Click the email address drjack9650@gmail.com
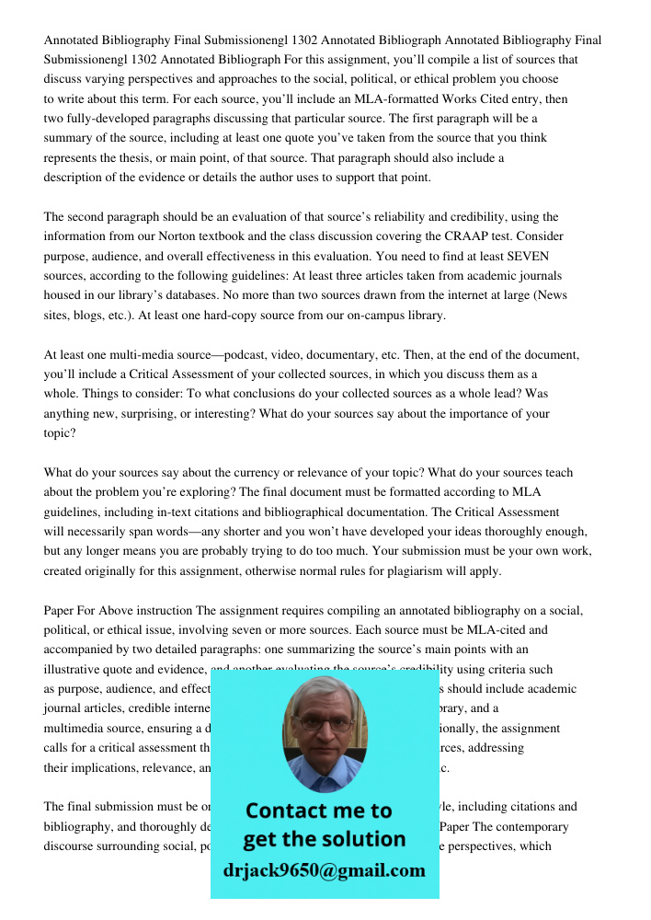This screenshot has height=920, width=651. tap(325, 870)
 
